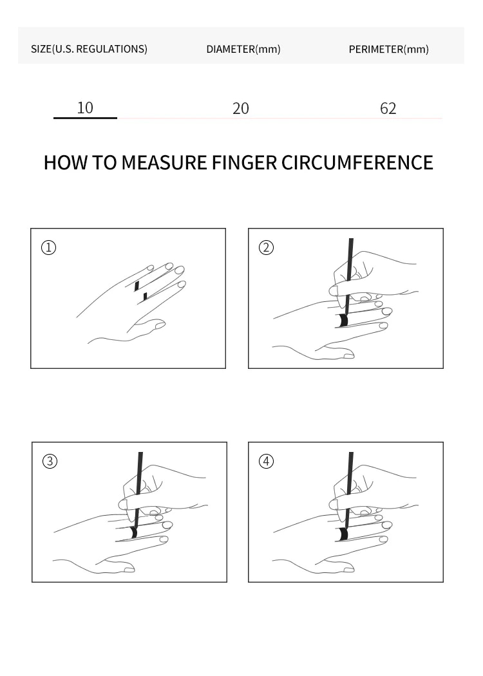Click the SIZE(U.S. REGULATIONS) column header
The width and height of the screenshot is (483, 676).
tap(89, 49)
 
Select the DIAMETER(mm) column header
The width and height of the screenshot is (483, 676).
tap(243, 49)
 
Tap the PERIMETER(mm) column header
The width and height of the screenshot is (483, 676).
tap(388, 49)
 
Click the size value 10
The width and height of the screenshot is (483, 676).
tap(85, 108)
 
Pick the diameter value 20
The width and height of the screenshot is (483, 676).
tap(241, 109)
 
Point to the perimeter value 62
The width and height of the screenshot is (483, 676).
tap(388, 109)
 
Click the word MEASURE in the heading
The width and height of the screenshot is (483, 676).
tap(164, 162)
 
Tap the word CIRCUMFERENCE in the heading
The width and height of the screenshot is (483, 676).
tap(357, 162)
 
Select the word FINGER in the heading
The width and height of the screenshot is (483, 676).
tap(244, 162)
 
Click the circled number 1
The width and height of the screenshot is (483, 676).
tap(49, 247)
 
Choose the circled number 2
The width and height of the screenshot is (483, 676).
tap(266, 247)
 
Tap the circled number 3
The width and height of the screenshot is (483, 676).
tap(50, 462)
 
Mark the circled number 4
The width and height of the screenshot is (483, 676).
tap(266, 462)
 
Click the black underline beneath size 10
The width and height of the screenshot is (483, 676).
tap(86, 118)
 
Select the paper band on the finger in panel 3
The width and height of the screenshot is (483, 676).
tap(133, 533)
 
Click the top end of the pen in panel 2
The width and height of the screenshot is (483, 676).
tap(351, 239)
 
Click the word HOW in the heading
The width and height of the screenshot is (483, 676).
tap(66, 162)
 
